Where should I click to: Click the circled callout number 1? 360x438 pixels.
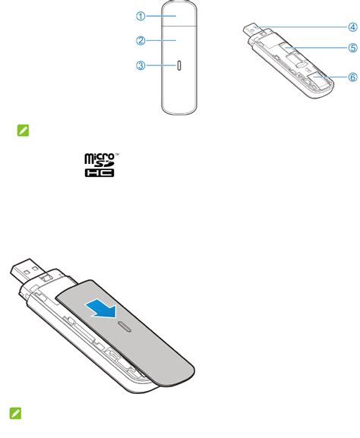pos(141,15)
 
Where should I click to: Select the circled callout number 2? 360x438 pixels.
pos(141,39)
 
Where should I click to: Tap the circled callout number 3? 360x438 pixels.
pos(141,66)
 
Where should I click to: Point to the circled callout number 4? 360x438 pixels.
pos(352,27)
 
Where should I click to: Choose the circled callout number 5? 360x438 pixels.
pos(352,48)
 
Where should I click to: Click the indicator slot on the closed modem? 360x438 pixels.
pos(179,66)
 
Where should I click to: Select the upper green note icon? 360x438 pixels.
pos(24,132)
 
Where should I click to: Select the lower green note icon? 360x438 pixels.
pos(15,413)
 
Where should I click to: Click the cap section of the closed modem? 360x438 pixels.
pos(178,14)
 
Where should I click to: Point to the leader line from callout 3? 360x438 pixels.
pos(160,66)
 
